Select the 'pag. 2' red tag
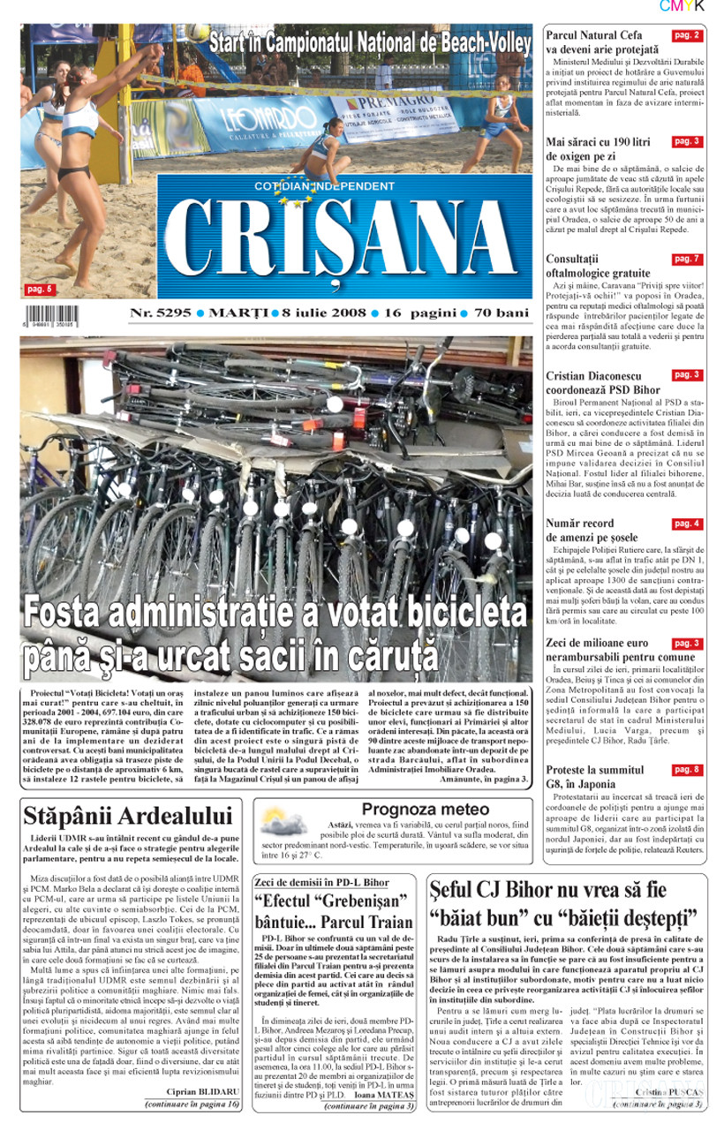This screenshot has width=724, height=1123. pos(686,35)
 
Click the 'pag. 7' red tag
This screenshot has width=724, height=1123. pos(686,259)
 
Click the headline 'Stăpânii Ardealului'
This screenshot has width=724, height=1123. pos(130,815)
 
